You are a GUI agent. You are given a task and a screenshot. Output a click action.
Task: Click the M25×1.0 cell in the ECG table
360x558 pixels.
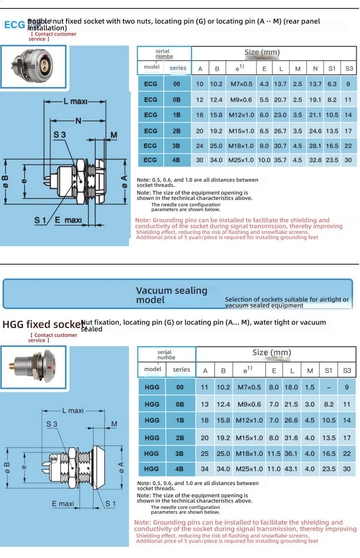[241, 160]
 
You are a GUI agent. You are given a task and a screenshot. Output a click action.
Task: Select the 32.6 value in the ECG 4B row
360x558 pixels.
[315, 160]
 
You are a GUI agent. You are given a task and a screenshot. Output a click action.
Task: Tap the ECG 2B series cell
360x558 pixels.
[176, 131]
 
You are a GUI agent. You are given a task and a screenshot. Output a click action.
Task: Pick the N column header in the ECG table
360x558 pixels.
[315, 68]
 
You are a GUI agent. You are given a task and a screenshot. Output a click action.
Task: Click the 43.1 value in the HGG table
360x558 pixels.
[291, 469]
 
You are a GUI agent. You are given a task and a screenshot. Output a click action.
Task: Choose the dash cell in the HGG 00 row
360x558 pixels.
[328, 387]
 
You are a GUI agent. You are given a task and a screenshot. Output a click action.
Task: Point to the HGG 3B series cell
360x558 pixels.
[179, 454]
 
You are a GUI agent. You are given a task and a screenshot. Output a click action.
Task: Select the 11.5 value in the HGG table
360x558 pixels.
[274, 454]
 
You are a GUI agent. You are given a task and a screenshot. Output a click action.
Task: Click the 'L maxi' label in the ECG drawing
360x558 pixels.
[75, 102]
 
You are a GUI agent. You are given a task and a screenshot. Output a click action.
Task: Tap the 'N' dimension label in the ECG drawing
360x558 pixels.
[78, 121]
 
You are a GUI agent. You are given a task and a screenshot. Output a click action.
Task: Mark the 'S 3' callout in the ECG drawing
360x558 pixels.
[60, 135]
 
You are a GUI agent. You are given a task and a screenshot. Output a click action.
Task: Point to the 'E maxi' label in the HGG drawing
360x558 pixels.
[63, 504]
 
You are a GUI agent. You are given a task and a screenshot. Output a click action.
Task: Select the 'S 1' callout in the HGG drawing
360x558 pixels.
[110, 504]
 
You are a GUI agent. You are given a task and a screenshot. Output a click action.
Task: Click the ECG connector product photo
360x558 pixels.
[33, 67]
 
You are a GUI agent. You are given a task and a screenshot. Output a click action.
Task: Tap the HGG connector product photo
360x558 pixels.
[33, 367]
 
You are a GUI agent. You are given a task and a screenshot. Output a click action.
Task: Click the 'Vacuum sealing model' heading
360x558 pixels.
[172, 295]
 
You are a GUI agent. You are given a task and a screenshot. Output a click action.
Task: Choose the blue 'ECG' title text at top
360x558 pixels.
[14, 25]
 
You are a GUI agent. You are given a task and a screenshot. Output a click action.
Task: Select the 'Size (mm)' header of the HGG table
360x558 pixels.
[272, 352]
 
